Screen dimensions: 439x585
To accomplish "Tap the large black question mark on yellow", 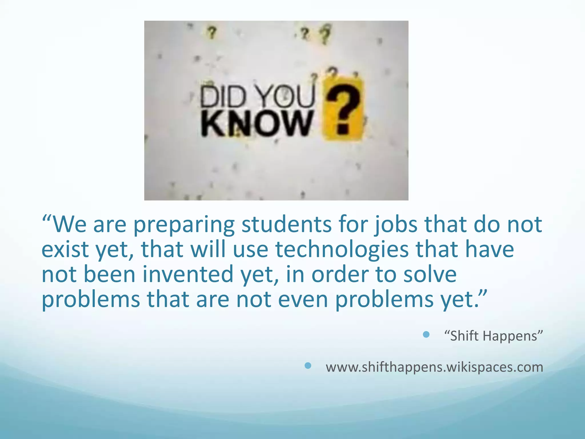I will coord(343,110).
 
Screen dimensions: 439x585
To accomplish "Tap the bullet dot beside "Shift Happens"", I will coord(426,335).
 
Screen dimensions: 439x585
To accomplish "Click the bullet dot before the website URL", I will coord(308,366).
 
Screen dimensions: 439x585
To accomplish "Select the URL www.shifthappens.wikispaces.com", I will coord(434,367).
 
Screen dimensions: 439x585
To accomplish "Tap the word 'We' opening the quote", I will coord(70,224).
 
